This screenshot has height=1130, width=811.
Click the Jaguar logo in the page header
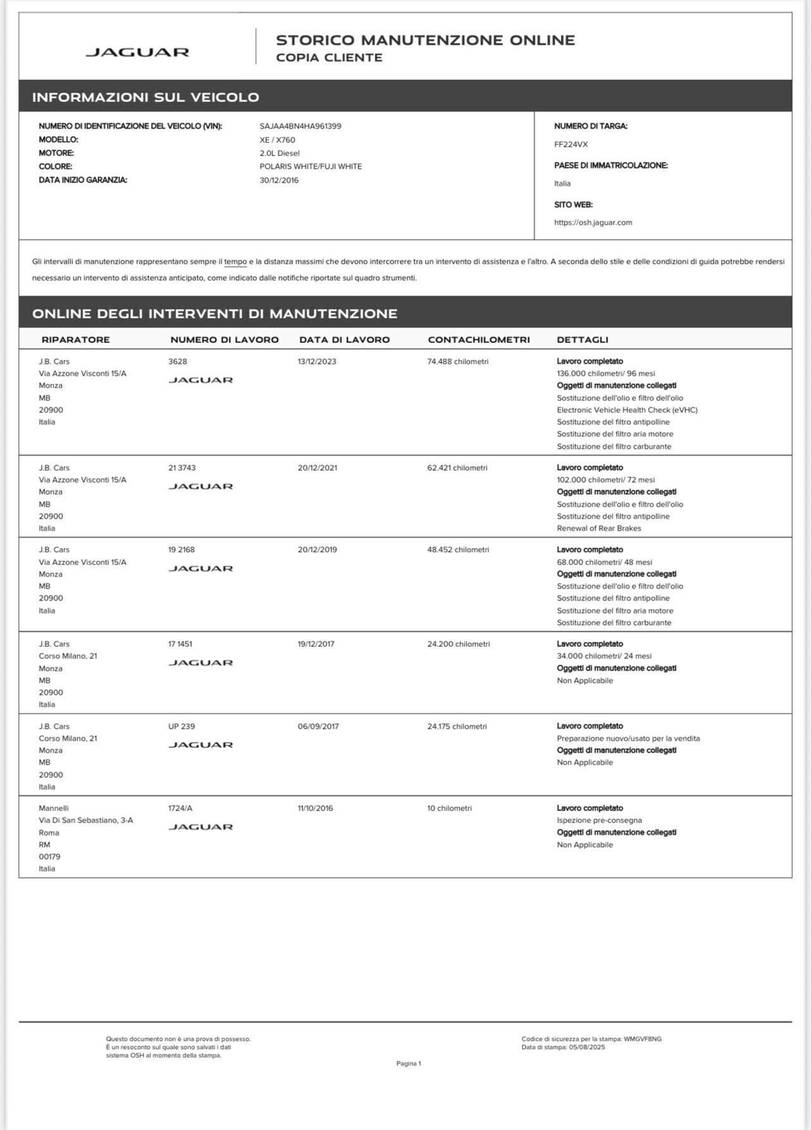[x=137, y=52]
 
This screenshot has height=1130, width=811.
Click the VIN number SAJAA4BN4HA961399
[x=300, y=126]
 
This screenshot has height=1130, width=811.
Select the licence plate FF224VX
[x=571, y=145]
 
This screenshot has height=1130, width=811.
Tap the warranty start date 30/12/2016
[x=279, y=180]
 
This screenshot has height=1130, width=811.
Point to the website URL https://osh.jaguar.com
[x=593, y=223]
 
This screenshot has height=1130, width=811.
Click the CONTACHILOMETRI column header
[x=478, y=340]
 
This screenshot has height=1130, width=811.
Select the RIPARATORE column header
[x=75, y=340]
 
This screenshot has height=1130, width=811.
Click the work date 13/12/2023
[x=317, y=361]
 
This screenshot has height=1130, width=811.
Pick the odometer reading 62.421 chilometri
[x=457, y=468]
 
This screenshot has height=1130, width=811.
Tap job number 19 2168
[x=182, y=550]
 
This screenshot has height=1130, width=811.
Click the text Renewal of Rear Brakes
[x=599, y=528]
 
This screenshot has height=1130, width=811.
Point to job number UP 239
[x=182, y=727]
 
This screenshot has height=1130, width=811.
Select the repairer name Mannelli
[x=53, y=809]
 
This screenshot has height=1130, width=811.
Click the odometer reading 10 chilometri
[x=449, y=809]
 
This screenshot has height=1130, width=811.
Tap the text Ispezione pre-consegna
[x=599, y=821]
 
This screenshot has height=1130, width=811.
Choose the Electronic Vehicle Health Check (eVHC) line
[x=627, y=410]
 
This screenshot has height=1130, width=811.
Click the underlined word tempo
[x=235, y=261]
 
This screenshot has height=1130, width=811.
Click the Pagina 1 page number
[x=409, y=1063]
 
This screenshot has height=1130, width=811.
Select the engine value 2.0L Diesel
[x=279, y=153]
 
